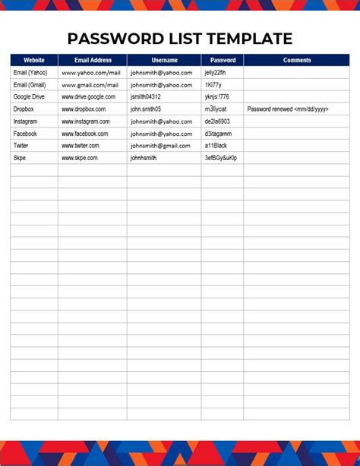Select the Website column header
[x=34, y=60]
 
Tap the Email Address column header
[x=93, y=60]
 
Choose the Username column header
[x=164, y=60]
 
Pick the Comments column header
[x=297, y=60]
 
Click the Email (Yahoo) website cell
[x=30, y=73]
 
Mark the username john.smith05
[x=150, y=109]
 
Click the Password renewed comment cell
[x=288, y=109]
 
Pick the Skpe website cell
[x=21, y=158]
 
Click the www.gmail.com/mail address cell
[x=91, y=85]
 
